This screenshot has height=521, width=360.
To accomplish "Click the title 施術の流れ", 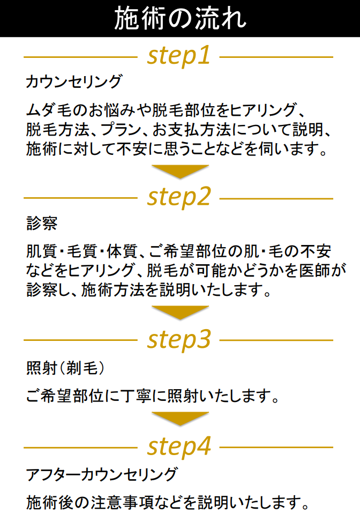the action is coord(181,19).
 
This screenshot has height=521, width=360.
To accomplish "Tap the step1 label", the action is coord(179,56).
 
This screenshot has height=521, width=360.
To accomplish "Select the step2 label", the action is coord(179,197).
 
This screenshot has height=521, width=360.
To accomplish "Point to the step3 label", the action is coord(179,340).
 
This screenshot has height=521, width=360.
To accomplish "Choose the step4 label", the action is coord(179,446).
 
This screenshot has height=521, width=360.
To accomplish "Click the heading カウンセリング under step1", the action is coord(74,81).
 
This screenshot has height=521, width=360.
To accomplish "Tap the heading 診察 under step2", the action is coord(42,224).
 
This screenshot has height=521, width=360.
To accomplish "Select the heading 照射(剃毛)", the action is coord(65,368).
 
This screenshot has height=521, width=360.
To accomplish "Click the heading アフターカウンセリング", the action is coord(102,474).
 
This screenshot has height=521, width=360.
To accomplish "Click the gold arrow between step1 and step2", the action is coord(181,170).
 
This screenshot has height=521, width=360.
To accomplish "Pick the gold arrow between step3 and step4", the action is coord(181,418).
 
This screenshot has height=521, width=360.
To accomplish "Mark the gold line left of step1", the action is coord(80,57).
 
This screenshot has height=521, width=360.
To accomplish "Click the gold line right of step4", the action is coord(276,447).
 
